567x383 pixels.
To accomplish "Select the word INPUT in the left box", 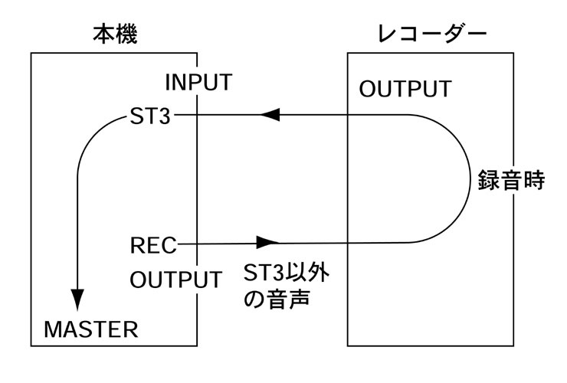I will click(198, 82).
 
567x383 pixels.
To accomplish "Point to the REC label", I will click(153, 246).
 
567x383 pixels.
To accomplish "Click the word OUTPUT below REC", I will click(175, 279).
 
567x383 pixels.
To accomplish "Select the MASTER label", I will click(90, 329).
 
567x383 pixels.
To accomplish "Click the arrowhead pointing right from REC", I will click(267, 243).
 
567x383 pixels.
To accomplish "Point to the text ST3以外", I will click(290, 273).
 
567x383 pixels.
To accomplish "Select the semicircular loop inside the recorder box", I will click(464, 179).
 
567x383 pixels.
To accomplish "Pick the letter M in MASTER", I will click(52, 329).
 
